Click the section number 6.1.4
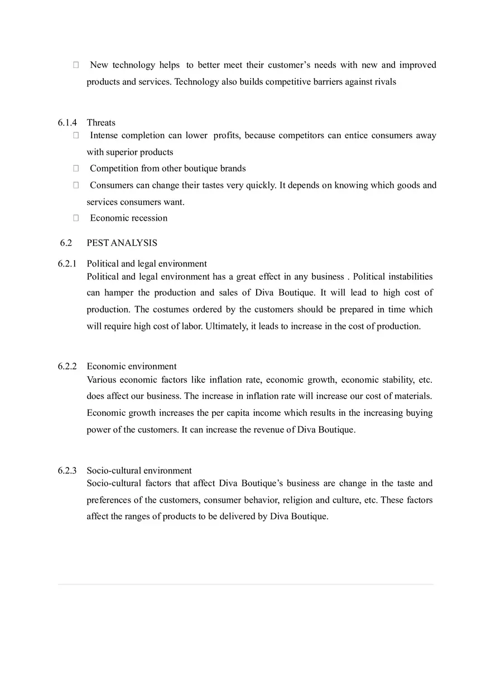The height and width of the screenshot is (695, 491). tap(67, 123)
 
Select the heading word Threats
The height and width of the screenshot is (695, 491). tap(101, 123)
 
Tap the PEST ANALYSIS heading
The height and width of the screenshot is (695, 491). tap(122, 243)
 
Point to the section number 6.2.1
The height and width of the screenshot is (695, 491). tap(67, 264)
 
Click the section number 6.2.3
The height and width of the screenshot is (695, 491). tap(67, 470)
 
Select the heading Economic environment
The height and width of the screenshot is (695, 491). tap(132, 366)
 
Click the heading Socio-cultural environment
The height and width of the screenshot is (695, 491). tap(139, 470)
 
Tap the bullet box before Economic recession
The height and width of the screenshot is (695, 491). tap(76, 218)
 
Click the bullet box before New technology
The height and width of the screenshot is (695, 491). tap(76, 65)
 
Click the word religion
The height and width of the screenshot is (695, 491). tap(297, 500)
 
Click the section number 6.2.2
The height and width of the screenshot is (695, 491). tap(67, 366)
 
